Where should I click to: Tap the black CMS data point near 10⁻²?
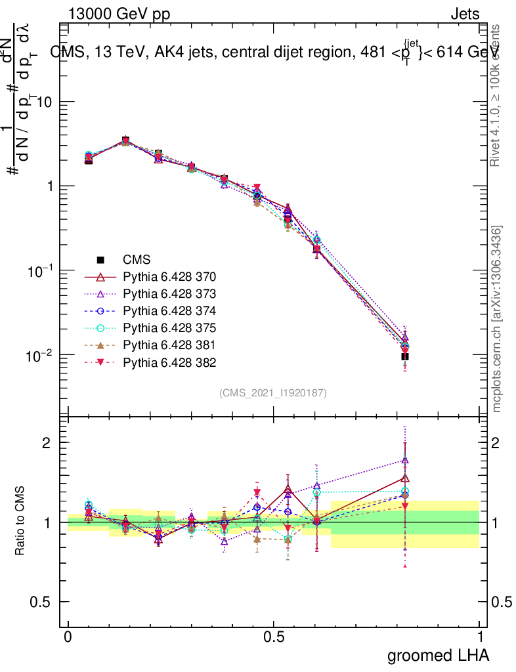coord(405,357)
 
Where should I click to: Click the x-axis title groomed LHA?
coord(439,655)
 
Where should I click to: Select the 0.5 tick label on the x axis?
coord(274,637)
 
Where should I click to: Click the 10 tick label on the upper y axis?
coord(45,102)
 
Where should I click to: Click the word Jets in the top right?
coord(465,14)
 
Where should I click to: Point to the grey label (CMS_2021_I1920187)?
coord(273,392)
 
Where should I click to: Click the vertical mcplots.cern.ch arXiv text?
coord(498,319)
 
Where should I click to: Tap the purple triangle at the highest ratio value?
coord(405,460)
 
